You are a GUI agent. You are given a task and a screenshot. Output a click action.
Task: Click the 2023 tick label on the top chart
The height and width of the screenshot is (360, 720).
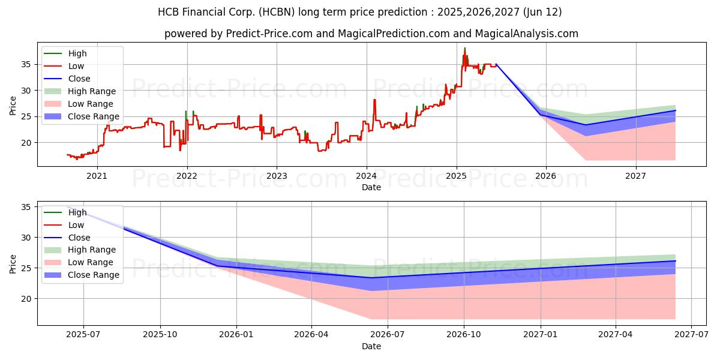(277, 176)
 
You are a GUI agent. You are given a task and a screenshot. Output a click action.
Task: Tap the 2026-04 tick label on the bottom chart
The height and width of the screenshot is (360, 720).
(311, 335)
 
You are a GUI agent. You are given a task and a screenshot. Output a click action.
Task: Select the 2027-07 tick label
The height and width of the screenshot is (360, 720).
(691, 335)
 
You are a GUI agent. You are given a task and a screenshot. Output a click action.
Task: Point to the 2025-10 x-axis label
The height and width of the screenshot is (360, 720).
(160, 335)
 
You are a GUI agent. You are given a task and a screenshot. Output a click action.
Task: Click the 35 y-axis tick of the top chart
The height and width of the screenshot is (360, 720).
(26, 65)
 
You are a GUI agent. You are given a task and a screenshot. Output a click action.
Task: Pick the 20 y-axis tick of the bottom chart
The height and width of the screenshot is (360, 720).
(26, 299)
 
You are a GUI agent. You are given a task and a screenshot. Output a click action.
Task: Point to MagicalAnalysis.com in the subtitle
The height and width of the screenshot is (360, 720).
(527, 34)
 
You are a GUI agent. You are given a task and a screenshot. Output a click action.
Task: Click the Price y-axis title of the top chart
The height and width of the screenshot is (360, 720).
(13, 106)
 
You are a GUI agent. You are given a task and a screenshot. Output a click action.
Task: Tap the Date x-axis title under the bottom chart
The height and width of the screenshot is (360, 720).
(371, 346)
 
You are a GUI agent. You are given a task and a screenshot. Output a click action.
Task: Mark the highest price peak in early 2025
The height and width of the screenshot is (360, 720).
(464, 48)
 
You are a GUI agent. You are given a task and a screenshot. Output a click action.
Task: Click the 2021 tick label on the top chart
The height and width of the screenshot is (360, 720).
(97, 176)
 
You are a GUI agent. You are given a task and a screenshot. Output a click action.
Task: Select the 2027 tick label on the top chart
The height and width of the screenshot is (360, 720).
(635, 176)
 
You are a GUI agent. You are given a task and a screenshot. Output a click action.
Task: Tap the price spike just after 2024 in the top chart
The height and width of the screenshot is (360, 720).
(374, 100)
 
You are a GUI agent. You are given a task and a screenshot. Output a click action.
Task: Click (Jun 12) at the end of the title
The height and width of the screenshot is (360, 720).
(542, 12)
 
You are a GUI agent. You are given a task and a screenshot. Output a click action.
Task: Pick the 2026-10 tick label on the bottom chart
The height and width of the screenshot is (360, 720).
(463, 335)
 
